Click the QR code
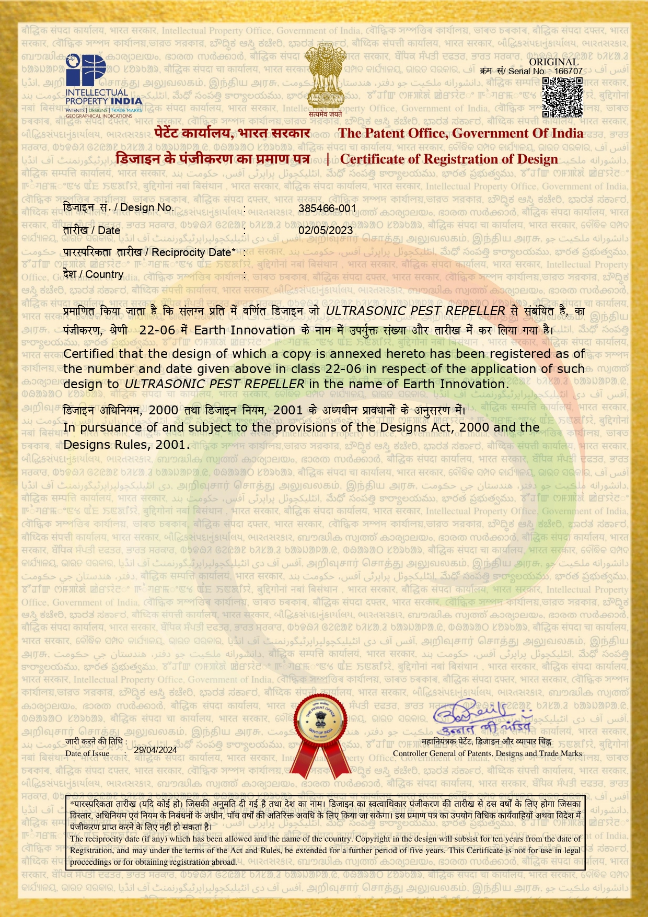tap(562, 97)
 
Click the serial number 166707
tap(568, 71)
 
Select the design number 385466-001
tap(327, 208)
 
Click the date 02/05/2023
tap(326, 230)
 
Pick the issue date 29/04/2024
tap(155, 750)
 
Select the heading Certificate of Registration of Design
tap(449, 159)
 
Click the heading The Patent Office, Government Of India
tap(460, 133)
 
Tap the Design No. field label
tap(118, 207)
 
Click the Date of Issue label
tap(87, 753)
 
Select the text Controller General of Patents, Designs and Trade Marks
tap(487, 753)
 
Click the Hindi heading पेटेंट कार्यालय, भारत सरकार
tap(233, 133)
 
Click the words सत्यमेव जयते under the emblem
tap(325, 114)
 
